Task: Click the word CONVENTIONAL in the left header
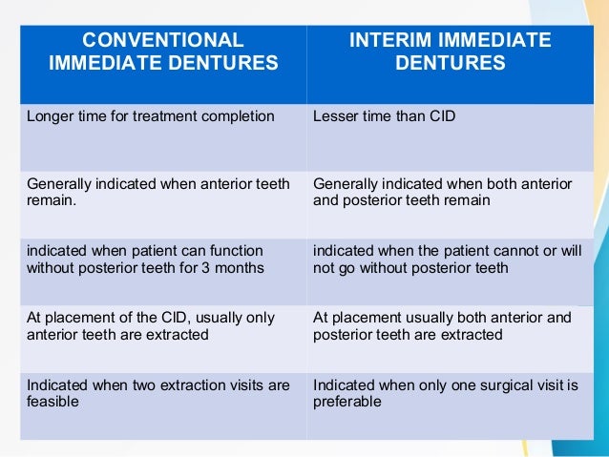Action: coord(163,40)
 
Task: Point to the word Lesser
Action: coord(334,117)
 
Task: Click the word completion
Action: coord(240,117)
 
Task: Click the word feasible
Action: coord(53,403)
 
